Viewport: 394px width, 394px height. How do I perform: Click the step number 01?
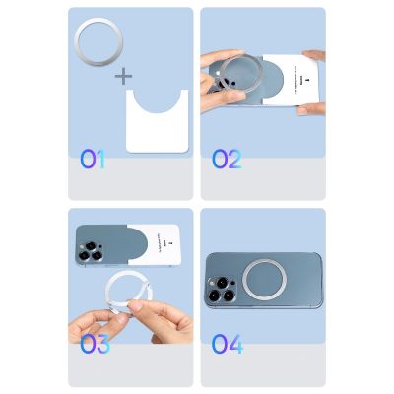click(92, 159)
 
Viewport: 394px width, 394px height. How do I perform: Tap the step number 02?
click(227, 159)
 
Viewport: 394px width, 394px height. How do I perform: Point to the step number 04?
click(227, 344)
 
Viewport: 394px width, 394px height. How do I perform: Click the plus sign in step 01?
click(123, 76)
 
